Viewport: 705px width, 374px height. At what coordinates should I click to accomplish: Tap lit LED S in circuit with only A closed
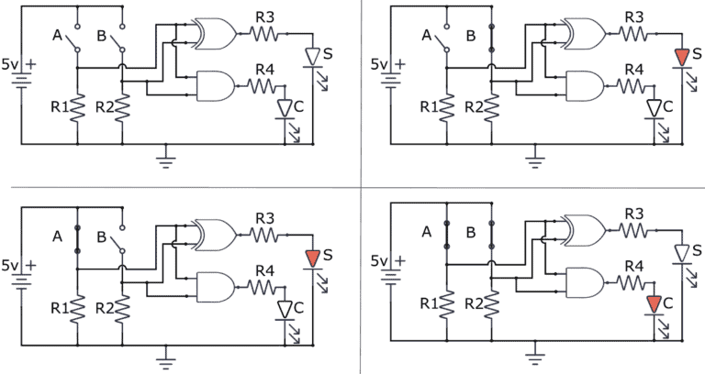[313, 257]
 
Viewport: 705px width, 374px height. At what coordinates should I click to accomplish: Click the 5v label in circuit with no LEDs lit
[12, 65]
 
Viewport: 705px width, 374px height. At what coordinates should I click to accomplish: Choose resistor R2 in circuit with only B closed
[492, 105]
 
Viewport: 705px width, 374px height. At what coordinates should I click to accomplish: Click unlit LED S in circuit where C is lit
[681, 253]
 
